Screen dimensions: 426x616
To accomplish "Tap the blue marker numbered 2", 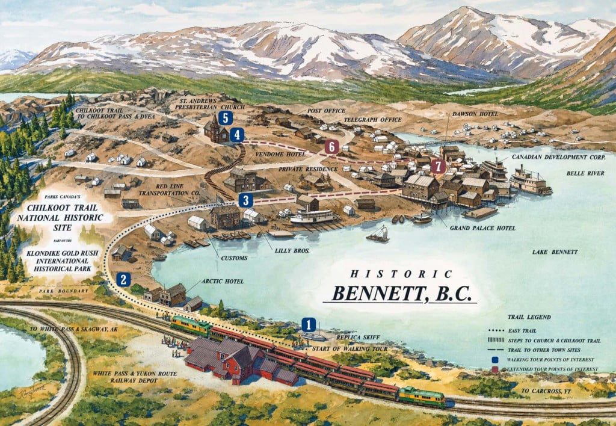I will click(123, 279).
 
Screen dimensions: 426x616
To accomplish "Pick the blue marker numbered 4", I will click(238, 135).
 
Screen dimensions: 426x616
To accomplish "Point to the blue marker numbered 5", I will click(225, 118).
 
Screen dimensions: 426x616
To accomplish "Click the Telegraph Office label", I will click(372, 120).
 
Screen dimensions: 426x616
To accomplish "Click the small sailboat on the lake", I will click(378, 234).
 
